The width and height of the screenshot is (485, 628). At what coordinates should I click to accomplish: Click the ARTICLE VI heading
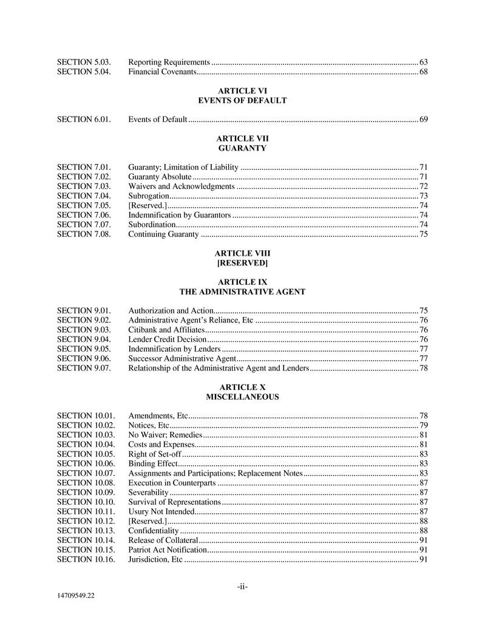point(242,90)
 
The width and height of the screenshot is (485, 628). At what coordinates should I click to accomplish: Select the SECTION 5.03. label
point(84,63)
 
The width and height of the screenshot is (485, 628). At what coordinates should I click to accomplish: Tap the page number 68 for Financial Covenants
point(424,73)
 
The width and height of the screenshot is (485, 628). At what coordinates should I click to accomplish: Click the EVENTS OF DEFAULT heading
point(242,100)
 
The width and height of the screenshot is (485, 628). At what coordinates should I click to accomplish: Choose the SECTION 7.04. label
point(84,196)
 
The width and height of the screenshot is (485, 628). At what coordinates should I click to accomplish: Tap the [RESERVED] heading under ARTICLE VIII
point(242,263)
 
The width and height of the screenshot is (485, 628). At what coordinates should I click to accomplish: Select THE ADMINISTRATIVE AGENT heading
point(242,292)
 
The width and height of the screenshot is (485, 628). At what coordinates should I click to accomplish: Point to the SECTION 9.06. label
point(84,359)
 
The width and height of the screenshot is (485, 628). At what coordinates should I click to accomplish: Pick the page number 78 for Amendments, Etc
point(424,415)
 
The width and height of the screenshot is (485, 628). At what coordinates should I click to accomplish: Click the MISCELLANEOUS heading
point(242,397)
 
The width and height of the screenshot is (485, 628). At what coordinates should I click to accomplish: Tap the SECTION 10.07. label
point(86,473)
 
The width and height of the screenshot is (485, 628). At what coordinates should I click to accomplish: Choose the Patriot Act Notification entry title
point(168,550)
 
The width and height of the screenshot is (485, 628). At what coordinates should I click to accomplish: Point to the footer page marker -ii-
point(242,586)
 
